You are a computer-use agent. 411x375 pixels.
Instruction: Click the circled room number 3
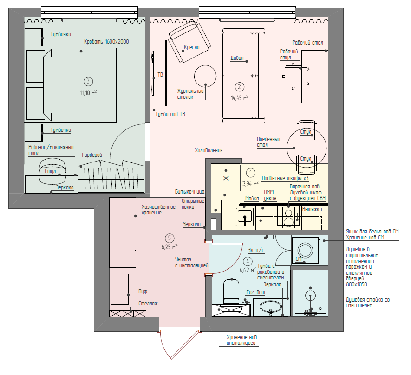pos(88,81)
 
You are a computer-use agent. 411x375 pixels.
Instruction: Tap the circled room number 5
pos(170,238)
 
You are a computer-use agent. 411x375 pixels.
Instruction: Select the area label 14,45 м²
pos(239,98)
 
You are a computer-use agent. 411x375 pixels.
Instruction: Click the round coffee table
pos(205,76)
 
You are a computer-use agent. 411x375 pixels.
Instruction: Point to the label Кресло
pos(192,47)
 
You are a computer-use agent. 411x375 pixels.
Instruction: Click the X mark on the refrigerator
pos(226,178)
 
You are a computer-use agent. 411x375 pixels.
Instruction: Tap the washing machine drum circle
pos(305,250)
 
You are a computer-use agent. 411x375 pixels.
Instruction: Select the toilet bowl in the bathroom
pos(231,290)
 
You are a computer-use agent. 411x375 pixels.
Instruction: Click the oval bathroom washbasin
pos(270,307)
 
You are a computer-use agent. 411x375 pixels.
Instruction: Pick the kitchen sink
pos(245,217)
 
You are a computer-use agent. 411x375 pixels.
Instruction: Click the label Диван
pos(237,58)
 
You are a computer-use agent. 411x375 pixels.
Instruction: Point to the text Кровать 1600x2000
pos(106,42)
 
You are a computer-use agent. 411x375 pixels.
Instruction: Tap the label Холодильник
pos(209,150)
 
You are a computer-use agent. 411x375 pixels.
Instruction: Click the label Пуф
pos(143,291)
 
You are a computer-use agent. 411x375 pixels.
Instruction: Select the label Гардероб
pos(92,155)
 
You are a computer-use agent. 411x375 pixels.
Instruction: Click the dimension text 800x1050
pos(357,284)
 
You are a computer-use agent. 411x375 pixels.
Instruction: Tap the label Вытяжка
pos(312,209)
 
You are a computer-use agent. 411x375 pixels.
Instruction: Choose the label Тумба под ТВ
pos(170,114)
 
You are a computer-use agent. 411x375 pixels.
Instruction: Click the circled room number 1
pos(251,173)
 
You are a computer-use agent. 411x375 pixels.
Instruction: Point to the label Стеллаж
pos(148,304)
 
